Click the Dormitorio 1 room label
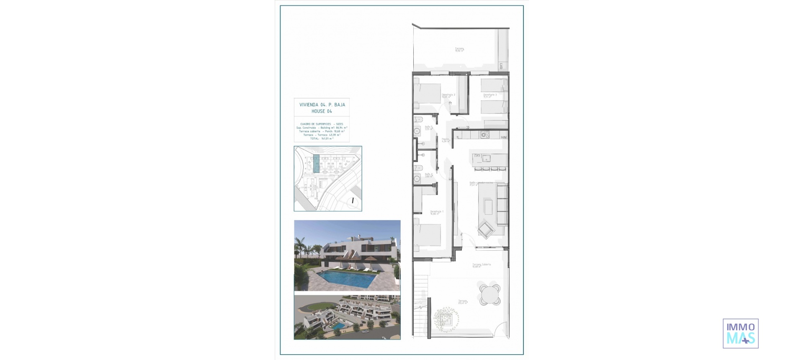coord(437,212)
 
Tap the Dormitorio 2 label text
coord(448,95)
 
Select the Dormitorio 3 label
coord(490,95)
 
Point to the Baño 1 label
coord(428,128)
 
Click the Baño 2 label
coord(428,175)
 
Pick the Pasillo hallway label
coord(446,140)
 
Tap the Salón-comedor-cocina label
coord(481,183)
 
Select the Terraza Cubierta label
coord(482,265)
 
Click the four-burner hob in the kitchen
coord(485,134)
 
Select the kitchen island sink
coord(486,159)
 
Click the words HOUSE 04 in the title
coord(322,111)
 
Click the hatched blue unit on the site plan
coord(316,164)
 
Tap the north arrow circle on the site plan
coord(353,201)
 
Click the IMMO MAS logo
coord(740,333)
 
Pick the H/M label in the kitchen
coord(504,137)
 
